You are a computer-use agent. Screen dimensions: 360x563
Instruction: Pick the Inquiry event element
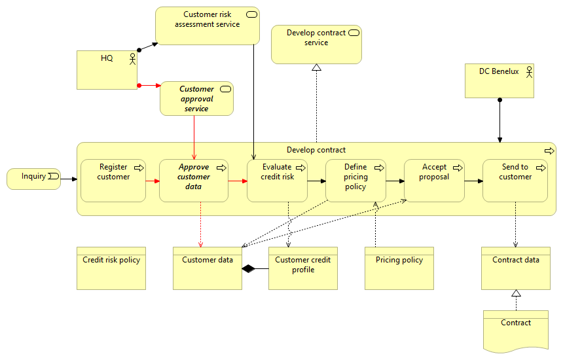(x=33, y=179)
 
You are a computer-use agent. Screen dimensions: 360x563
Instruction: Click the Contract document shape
(x=515, y=331)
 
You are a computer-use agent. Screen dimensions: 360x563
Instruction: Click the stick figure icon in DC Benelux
(x=528, y=72)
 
